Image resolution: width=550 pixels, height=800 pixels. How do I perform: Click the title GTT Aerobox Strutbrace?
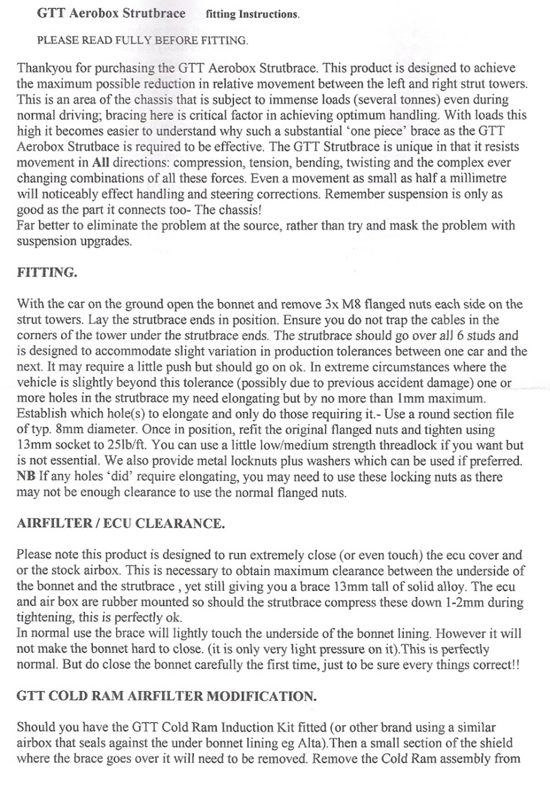(x=111, y=13)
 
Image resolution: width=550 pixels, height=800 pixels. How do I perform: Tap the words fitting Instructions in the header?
(x=253, y=14)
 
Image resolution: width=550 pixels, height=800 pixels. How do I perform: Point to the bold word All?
(x=101, y=163)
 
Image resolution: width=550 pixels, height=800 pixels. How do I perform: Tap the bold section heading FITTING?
(x=47, y=272)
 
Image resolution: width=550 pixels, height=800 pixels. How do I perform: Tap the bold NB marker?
(x=26, y=476)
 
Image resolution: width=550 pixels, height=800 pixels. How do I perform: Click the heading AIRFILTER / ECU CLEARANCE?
(x=121, y=523)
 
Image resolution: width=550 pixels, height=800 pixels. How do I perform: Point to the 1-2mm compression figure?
(x=464, y=602)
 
